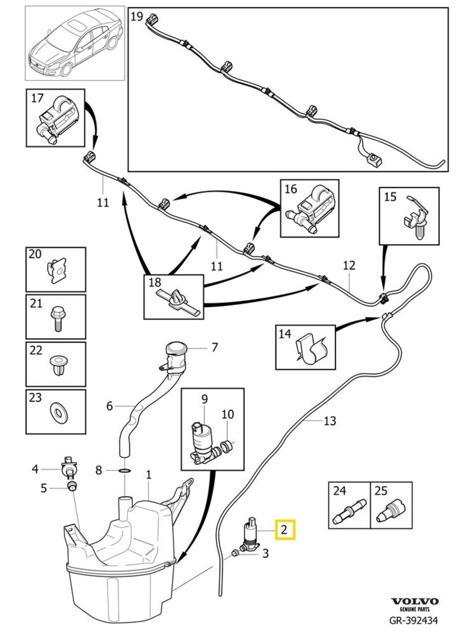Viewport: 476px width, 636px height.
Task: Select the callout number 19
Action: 137,16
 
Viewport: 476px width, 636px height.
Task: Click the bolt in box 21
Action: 58,315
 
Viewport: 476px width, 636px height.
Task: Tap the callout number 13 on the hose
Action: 330,421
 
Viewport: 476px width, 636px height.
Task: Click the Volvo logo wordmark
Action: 415,602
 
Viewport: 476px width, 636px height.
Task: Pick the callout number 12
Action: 349,265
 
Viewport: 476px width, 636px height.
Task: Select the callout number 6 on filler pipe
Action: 109,406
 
